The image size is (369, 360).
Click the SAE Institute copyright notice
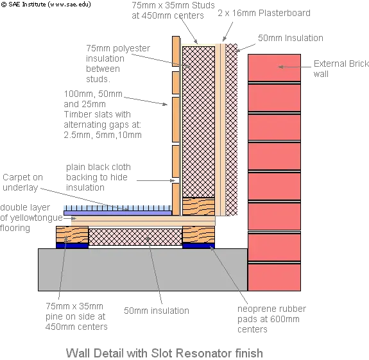pos(46,4)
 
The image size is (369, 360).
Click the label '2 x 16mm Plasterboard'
pos(264,13)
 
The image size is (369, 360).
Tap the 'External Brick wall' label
pos(341,69)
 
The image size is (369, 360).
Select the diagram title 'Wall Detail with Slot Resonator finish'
pos(164,353)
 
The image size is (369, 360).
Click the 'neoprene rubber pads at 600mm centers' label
pos(271,319)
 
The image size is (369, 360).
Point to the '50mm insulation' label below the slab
pos(157,311)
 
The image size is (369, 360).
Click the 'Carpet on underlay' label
pos(22,182)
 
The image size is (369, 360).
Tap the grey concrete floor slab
pos(143,270)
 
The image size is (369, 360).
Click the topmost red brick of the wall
pos(274,68)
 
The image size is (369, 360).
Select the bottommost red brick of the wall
pos(274,277)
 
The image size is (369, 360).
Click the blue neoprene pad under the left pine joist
pos(72,245)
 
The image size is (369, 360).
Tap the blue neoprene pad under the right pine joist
pos(198,246)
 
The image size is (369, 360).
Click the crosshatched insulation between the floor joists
pos(135,237)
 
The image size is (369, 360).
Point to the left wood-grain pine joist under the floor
pos(72,235)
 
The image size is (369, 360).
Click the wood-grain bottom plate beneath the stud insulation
pos(199,207)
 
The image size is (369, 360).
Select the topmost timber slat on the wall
pos(176,51)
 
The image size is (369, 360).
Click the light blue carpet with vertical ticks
pos(117,208)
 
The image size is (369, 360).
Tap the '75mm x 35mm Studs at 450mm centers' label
pos(173,10)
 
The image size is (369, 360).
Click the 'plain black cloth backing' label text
pos(98,177)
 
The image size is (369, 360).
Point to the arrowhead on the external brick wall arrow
pos(280,67)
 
